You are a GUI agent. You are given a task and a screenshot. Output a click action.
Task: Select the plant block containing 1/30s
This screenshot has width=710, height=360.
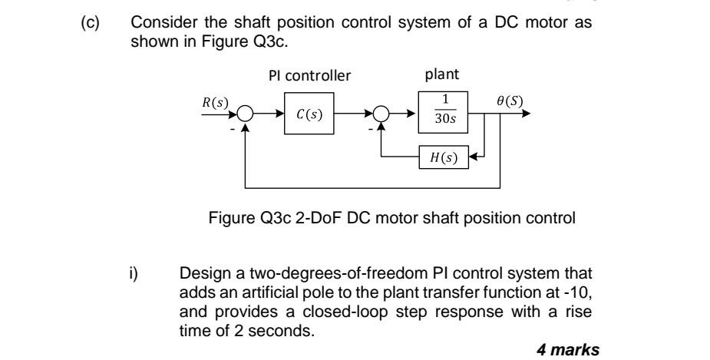(x=438, y=114)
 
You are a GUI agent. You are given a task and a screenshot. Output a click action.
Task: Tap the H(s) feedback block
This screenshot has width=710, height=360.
(x=439, y=159)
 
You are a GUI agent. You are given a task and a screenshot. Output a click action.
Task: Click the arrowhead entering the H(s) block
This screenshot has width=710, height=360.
(x=471, y=159)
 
